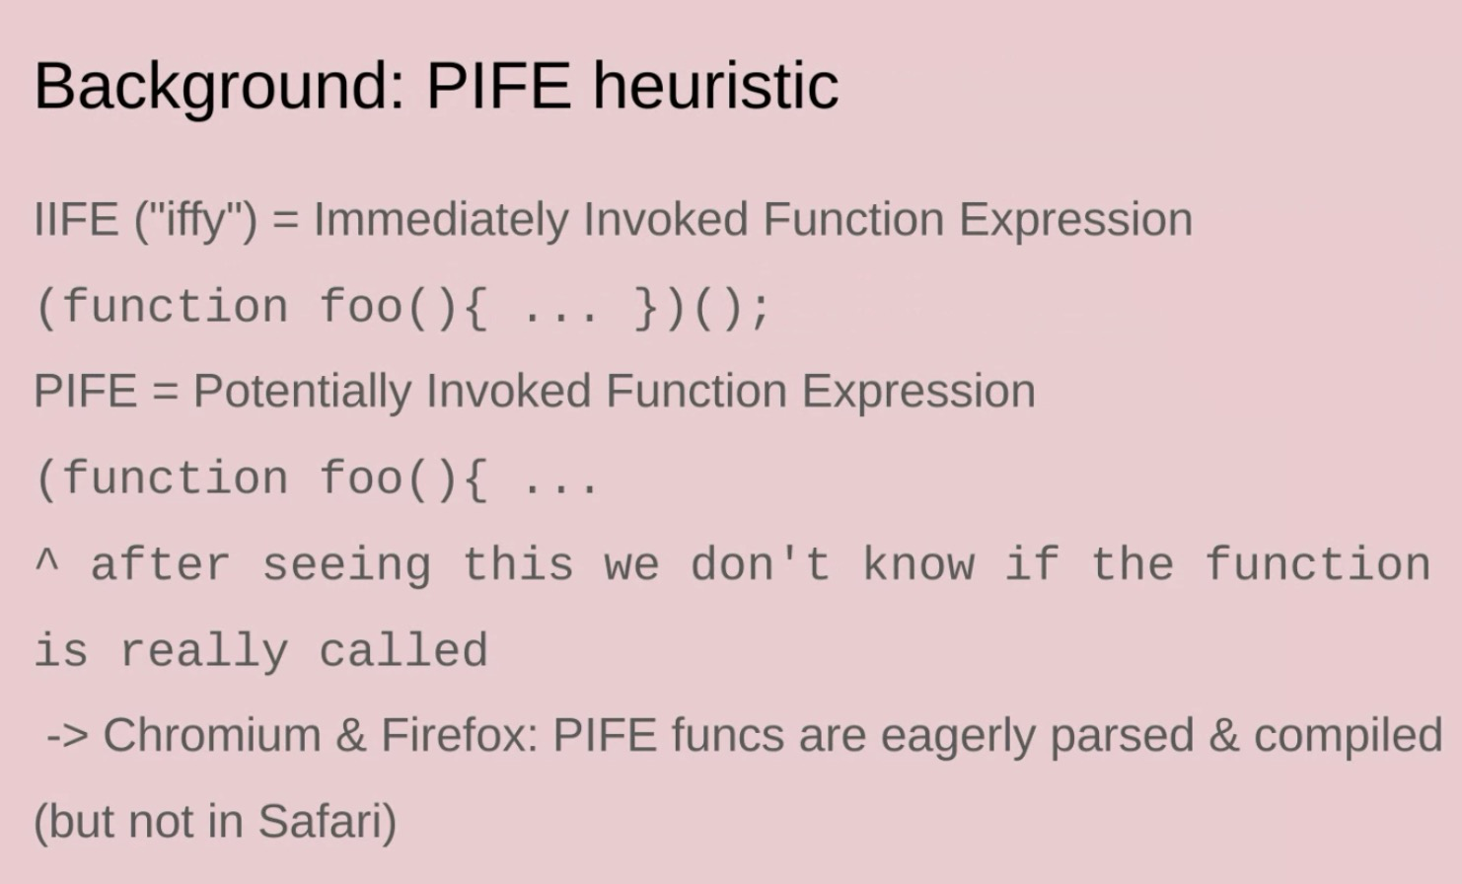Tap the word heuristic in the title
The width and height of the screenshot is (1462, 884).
point(715,86)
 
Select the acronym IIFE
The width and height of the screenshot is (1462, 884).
point(76,219)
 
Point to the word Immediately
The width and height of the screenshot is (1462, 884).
point(441,221)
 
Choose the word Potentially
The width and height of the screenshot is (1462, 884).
point(302,393)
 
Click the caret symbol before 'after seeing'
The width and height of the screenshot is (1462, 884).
point(46,562)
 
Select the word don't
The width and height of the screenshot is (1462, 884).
point(761,562)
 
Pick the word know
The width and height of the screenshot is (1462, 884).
point(919,562)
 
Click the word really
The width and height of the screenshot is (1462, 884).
point(204,651)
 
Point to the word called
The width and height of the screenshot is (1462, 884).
point(403,649)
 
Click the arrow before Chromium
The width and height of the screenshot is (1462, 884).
point(67,737)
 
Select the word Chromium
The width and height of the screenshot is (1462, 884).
point(212,735)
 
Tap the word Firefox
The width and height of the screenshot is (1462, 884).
point(460,735)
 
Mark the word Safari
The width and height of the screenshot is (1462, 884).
point(322,821)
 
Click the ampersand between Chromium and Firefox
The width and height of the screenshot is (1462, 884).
point(351,736)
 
